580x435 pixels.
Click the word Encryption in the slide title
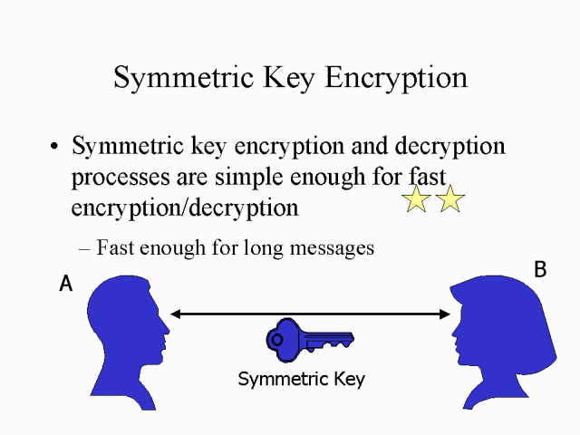click(394, 78)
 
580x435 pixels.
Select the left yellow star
click(416, 198)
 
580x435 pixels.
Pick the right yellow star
click(449, 198)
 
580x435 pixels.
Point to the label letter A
click(65, 285)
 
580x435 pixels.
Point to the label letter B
click(540, 270)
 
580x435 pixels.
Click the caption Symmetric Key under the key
click(301, 379)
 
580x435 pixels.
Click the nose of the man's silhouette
click(166, 329)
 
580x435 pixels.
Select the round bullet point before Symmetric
click(56, 148)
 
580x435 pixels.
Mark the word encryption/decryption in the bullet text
click(185, 208)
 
